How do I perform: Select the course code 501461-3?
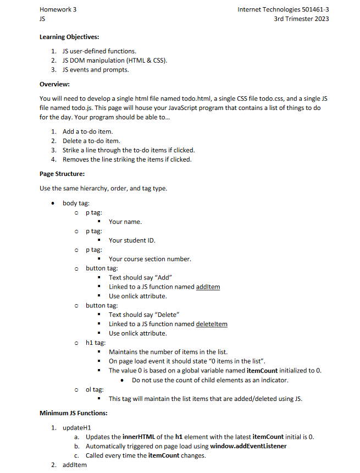tap(316, 9)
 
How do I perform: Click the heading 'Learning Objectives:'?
tap(69, 37)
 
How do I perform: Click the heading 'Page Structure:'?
tap(62, 174)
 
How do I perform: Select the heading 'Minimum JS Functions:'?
tap(74, 413)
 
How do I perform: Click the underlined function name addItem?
tap(208, 287)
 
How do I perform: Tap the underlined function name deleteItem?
tap(212, 324)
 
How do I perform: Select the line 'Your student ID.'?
tap(132, 240)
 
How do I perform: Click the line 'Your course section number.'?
tap(149, 259)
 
